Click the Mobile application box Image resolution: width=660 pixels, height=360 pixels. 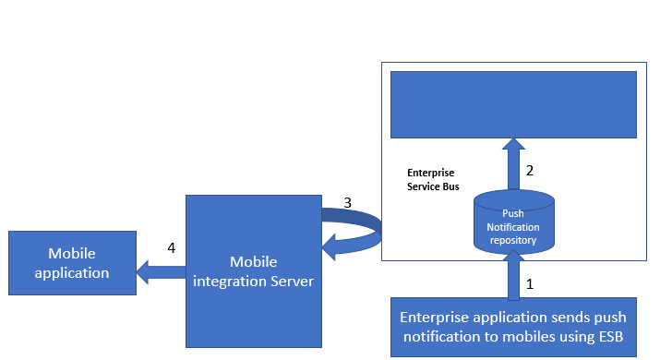72,263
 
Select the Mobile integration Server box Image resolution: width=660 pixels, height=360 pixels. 254,271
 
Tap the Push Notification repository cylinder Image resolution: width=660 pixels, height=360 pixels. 514,222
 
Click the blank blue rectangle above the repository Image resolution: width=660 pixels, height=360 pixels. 513,104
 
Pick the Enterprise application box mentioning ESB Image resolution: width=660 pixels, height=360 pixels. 513,327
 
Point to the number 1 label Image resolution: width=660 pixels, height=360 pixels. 530,284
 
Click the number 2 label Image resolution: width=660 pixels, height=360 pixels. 530,171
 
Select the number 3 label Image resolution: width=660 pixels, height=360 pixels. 348,203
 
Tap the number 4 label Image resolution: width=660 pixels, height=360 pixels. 172,247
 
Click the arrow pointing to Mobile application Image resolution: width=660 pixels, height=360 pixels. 162,272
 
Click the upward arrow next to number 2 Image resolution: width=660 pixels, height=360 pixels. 513,164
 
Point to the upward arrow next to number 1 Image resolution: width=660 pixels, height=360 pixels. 513,275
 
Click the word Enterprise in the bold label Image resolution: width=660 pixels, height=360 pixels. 430,173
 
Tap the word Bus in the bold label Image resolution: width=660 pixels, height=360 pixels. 451,186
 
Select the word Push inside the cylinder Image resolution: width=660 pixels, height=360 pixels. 513,213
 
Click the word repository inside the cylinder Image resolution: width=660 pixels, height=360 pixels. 513,240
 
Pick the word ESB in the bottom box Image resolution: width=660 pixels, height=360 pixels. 609,337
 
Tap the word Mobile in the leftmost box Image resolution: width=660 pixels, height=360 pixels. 72,254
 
